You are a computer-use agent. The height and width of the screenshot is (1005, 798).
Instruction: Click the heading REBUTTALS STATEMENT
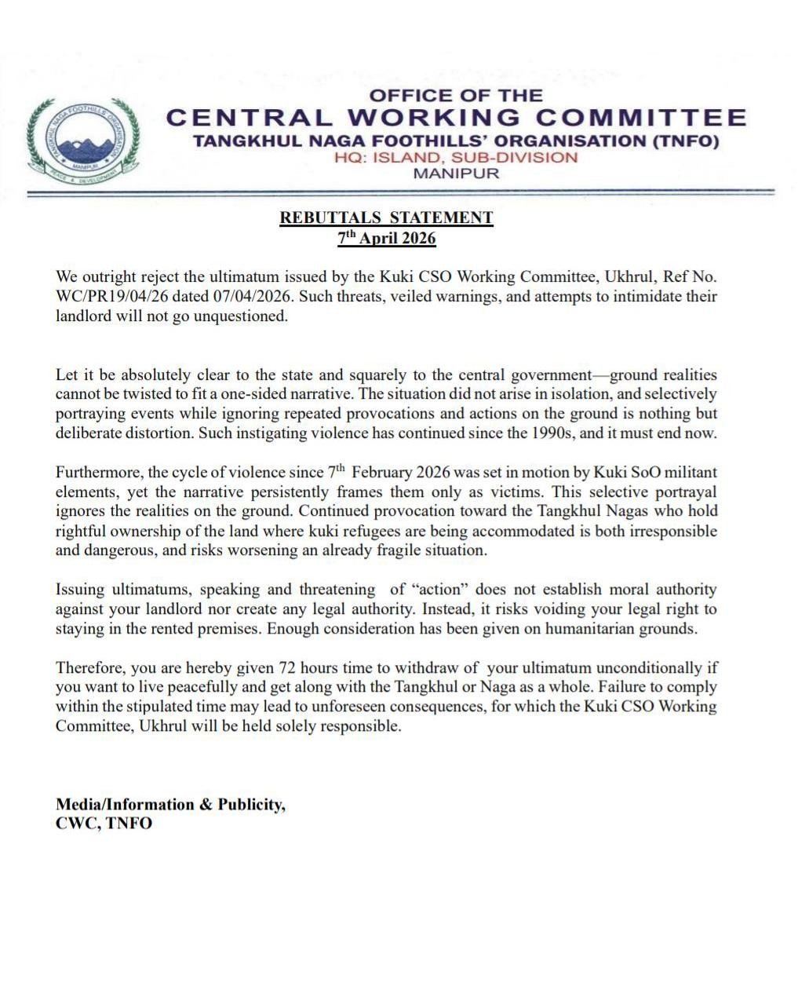pyautogui.click(x=386, y=217)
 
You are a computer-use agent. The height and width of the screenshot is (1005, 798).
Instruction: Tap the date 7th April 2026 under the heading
pyautogui.click(x=386, y=237)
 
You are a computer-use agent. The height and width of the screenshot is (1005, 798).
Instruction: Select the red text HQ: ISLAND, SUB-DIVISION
pyautogui.click(x=455, y=157)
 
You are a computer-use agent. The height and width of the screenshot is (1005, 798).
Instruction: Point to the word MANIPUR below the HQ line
pyautogui.click(x=456, y=173)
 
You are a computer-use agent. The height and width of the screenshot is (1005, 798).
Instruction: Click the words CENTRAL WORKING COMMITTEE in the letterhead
pyautogui.click(x=456, y=118)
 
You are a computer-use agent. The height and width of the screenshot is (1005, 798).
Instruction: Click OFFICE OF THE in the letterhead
pyautogui.click(x=456, y=96)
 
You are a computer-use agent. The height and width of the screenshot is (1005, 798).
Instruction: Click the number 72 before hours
pyautogui.click(x=287, y=668)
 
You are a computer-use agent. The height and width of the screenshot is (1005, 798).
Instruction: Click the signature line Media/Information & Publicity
pyautogui.click(x=170, y=804)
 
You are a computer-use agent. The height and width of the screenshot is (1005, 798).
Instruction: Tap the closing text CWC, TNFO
pyautogui.click(x=104, y=824)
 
